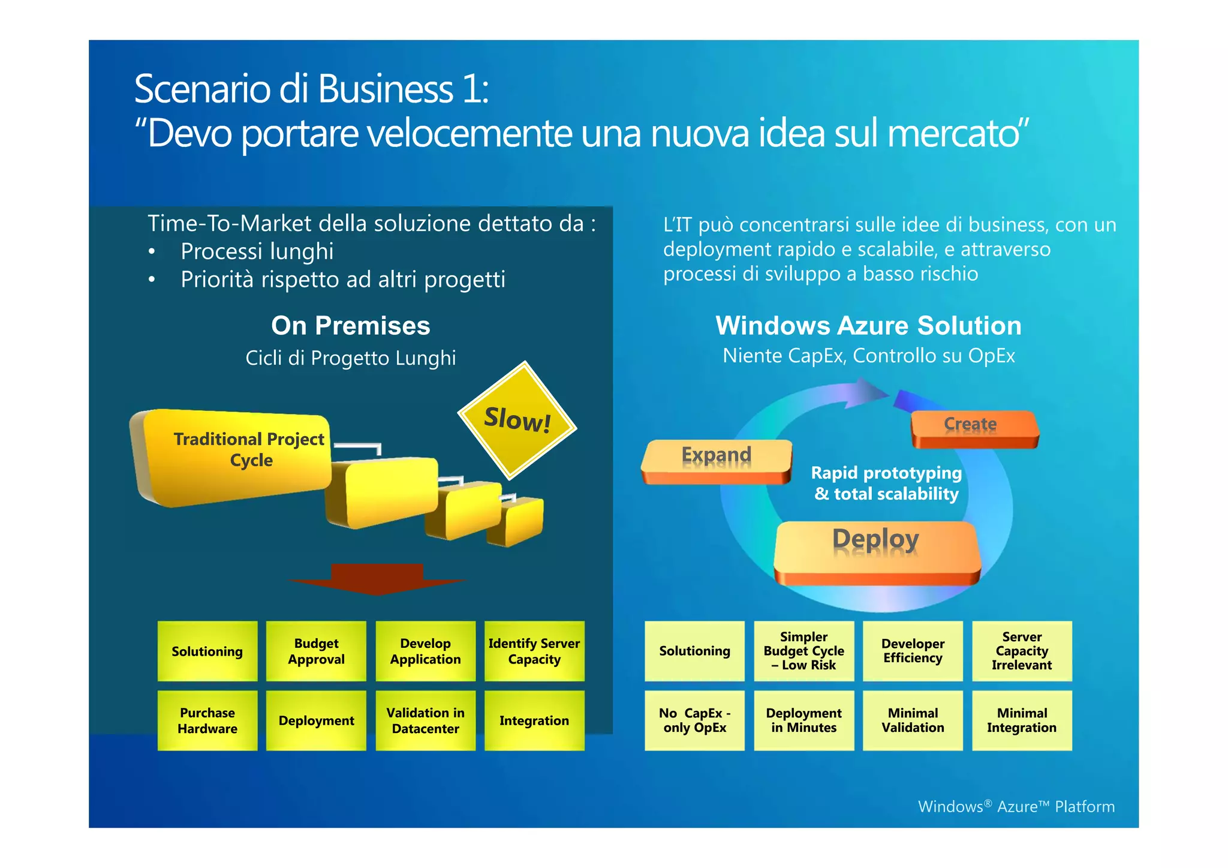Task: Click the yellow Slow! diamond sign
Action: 517,421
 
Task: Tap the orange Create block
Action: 974,428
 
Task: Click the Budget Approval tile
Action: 316,651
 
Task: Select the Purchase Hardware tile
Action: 207,720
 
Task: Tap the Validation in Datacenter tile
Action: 425,720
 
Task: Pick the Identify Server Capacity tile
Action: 534,651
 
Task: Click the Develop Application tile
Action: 425,651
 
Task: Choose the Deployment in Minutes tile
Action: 803,720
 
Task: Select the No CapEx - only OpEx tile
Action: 694,720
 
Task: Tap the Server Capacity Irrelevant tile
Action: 1022,651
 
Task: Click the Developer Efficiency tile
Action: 913,651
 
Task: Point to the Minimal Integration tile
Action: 1022,720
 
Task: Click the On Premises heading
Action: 351,326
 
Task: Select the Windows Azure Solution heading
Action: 868,326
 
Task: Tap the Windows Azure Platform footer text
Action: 1016,806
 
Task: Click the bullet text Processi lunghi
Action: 257,251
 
